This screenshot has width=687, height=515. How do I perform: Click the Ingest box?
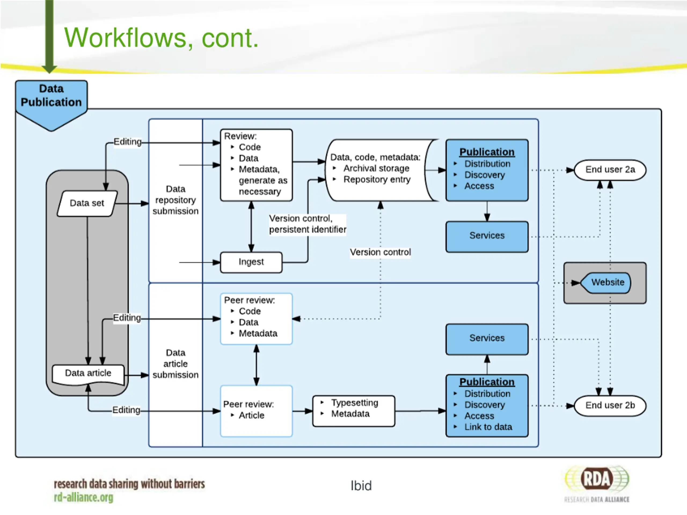tap(251, 262)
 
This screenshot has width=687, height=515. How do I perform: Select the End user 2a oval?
tap(610, 170)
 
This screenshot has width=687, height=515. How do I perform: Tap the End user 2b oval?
tap(610, 405)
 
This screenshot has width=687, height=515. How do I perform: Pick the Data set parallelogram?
tap(87, 203)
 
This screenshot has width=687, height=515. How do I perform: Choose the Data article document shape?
tap(88, 374)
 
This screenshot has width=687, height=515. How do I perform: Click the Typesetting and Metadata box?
tap(354, 411)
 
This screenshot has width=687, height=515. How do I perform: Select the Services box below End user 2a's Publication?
tap(487, 237)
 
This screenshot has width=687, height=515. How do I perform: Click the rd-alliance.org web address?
tap(83, 497)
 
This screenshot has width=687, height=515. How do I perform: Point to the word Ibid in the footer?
tap(361, 486)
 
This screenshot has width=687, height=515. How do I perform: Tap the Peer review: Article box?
tap(256, 411)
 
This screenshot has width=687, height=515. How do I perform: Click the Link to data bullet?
tap(488, 427)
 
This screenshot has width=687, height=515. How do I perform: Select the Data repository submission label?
tap(176, 200)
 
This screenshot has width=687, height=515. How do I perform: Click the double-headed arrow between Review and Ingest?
tap(251, 227)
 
